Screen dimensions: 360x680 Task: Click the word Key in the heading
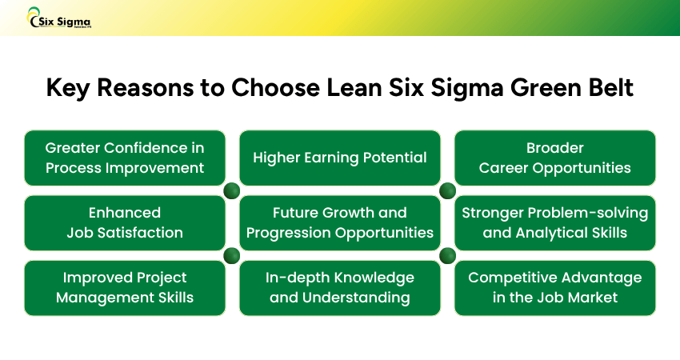(68, 87)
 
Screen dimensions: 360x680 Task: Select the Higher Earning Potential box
(340, 158)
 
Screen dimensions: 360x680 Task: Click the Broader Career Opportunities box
(554, 158)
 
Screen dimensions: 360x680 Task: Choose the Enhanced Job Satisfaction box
(124, 222)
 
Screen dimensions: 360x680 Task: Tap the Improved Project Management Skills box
(124, 287)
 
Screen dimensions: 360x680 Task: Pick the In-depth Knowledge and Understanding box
(340, 287)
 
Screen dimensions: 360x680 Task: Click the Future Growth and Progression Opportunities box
(340, 222)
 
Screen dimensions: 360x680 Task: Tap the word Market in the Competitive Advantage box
(595, 298)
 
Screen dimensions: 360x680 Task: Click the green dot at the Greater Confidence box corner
(232, 190)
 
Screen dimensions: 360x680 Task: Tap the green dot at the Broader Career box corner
(447, 190)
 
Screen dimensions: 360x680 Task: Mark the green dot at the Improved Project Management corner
(232, 255)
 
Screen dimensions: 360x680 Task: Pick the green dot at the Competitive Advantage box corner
(447, 255)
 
